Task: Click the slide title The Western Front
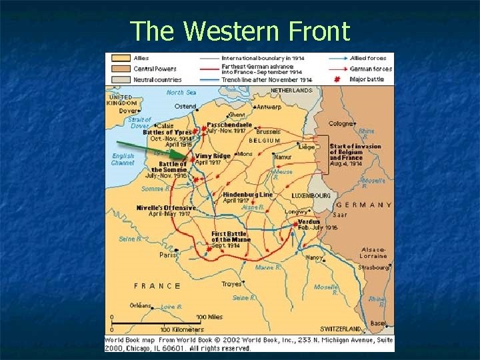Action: (240, 31)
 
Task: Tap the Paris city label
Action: (168, 255)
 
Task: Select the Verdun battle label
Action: (309, 221)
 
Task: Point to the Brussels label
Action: (268, 132)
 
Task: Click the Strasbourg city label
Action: (373, 267)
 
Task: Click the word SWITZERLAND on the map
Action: (341, 329)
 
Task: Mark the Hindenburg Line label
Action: (247, 195)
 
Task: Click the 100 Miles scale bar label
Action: (209, 317)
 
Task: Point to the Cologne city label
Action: (341, 123)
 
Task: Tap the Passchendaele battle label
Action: (229, 125)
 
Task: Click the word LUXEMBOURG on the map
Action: (311, 196)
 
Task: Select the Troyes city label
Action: (231, 284)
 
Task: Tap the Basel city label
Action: (378, 323)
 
